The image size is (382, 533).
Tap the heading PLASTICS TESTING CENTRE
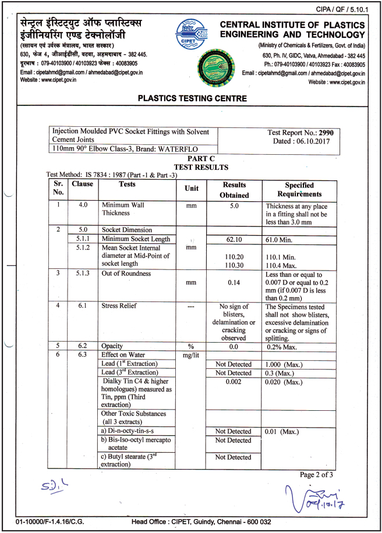[192, 98]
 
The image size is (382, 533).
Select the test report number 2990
[334, 133]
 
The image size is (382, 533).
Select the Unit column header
[191, 189]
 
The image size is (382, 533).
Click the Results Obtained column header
[235, 190]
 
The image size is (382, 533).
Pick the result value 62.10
[235, 239]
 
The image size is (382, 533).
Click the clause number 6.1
[83, 304]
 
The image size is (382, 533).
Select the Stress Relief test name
[118, 304]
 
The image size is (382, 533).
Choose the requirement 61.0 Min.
[284, 239]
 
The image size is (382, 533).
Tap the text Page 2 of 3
[316, 474]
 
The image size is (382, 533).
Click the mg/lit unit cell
[191, 355]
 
